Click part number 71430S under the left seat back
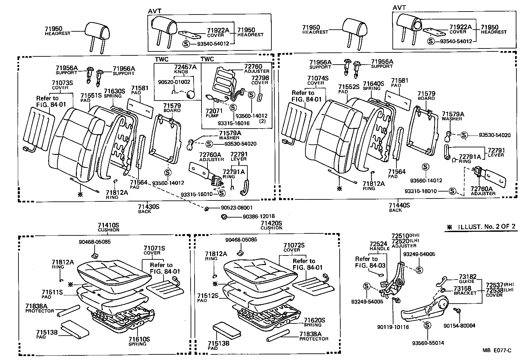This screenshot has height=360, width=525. [x=148, y=207]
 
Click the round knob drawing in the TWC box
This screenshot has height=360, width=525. [x=191, y=95]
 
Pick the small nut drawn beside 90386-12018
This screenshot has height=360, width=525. [x=224, y=217]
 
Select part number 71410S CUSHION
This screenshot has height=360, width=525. [x=108, y=225]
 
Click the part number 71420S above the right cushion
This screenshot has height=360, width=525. [x=271, y=223]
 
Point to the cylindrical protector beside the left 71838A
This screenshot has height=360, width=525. [x=68, y=310]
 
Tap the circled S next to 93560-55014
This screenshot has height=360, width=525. [x=427, y=325]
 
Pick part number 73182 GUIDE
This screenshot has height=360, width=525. [x=468, y=277]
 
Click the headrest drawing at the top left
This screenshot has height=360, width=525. [x=97, y=31]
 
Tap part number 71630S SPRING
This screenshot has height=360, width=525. [x=114, y=91]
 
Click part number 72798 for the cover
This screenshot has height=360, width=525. [x=260, y=78]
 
